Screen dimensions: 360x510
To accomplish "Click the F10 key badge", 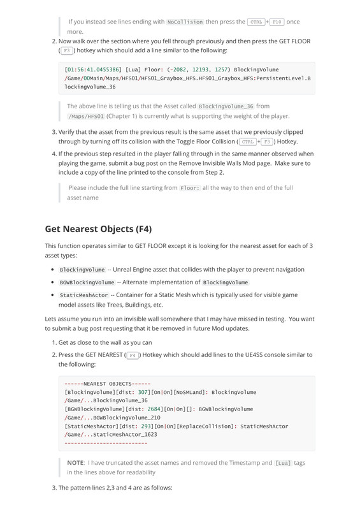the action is [277, 22].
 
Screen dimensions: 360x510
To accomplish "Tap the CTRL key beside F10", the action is [256, 22].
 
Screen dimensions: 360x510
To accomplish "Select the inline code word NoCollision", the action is [184, 22].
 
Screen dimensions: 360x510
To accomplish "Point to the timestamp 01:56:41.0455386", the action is [90, 69].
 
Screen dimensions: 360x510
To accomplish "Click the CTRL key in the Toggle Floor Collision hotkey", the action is [248, 142].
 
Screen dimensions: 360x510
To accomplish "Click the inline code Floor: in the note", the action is [189, 188].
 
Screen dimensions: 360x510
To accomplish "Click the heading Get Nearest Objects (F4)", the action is [98, 229].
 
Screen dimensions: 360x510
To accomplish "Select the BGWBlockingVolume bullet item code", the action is [87, 282].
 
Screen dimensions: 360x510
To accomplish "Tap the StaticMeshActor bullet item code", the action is [83, 295].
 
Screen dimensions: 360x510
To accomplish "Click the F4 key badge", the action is [133, 355].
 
